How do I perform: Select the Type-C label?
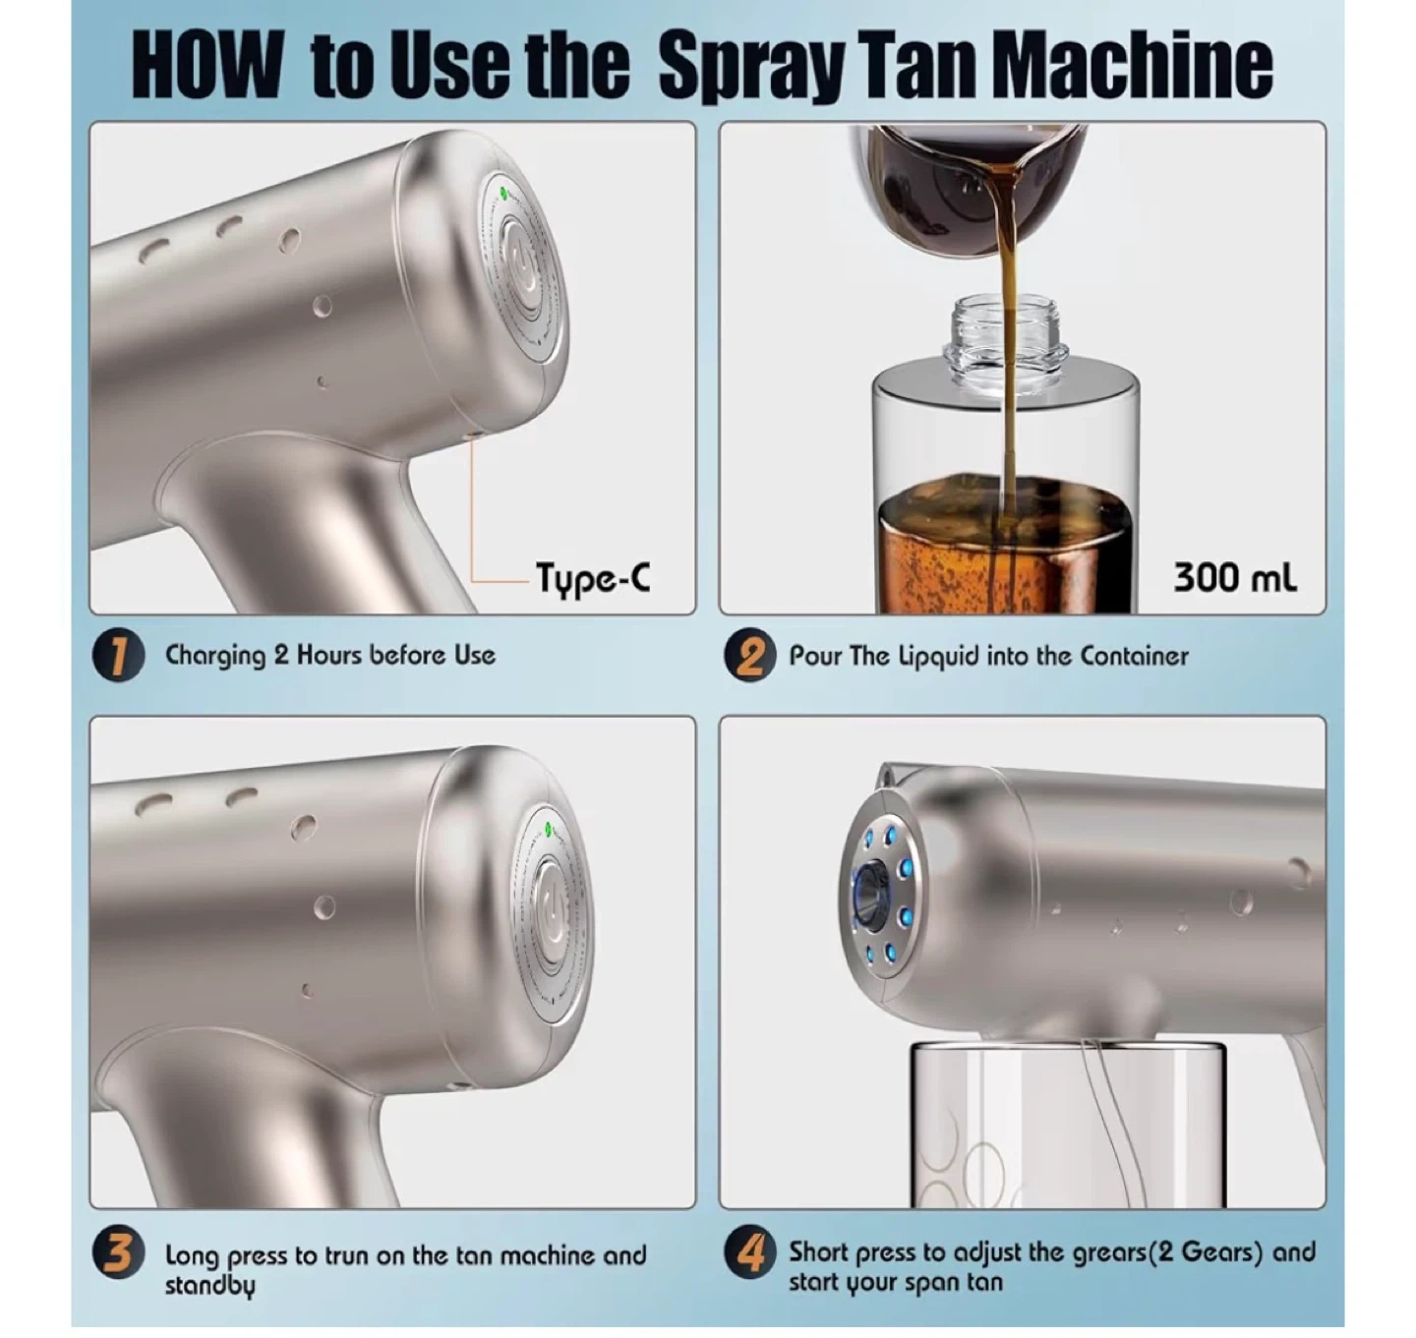point(593,577)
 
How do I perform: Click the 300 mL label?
point(1234,577)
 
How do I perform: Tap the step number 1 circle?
point(119,656)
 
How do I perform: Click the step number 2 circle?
point(749,656)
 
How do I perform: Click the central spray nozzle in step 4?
point(870,896)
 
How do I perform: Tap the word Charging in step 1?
point(214,656)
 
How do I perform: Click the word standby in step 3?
point(210,1286)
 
